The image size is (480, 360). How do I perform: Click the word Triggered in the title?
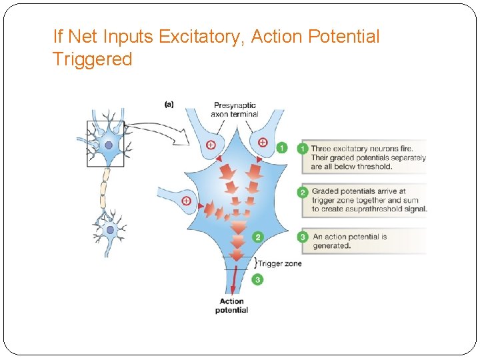coord(92,59)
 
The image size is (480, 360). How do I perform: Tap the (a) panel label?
coord(169,104)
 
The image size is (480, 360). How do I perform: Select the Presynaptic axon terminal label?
coord(235,109)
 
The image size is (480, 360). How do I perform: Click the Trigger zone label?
coord(279,263)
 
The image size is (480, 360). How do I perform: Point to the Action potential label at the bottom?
coord(231,305)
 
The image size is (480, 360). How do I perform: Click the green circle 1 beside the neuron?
coord(281,147)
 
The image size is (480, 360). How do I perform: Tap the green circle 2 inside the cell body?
coord(258,237)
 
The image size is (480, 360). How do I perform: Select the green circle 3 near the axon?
coord(257,280)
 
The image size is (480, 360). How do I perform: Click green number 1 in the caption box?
coord(304,149)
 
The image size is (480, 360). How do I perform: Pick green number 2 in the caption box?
coord(303,192)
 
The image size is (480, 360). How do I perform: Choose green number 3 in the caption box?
coord(303,237)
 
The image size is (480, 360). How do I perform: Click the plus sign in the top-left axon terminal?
coord(211,144)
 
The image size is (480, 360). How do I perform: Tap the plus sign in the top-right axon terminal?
coord(262,142)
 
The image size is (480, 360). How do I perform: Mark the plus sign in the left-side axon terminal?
coord(186,200)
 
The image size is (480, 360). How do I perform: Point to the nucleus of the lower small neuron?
coord(110,230)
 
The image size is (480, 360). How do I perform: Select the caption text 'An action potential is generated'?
coord(349,241)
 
